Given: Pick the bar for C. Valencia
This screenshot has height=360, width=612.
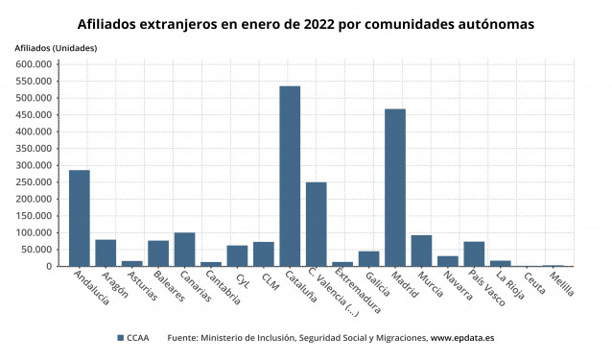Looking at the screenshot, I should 317,225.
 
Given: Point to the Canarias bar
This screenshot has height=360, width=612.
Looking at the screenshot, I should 184,250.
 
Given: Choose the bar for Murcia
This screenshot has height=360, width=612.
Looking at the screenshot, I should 421,251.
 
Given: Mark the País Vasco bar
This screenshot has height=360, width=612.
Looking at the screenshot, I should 474,254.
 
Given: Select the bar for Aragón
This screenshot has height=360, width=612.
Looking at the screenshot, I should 106,253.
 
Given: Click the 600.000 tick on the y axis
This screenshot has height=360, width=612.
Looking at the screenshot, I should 34,64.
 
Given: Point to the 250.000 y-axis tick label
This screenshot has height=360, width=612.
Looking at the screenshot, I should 34,182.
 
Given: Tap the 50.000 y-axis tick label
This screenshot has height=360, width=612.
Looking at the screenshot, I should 36,250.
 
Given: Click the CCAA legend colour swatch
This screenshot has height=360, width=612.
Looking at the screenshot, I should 120,338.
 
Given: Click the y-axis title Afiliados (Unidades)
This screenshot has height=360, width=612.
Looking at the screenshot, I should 54,48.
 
